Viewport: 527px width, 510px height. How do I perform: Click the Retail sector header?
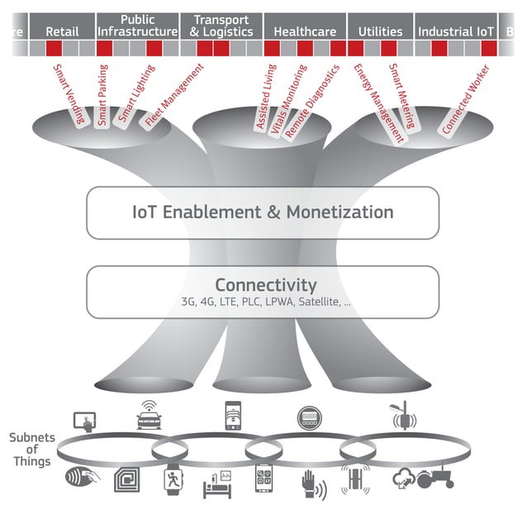coord(62,31)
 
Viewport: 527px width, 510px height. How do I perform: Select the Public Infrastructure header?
coord(137,26)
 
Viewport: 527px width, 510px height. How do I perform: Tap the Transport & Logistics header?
coord(221,26)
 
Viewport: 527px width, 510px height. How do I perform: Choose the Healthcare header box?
coord(304,31)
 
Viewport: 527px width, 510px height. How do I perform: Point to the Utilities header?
coord(380,31)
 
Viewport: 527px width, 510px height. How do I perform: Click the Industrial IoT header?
coord(456,31)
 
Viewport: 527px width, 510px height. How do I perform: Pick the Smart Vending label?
coord(69,93)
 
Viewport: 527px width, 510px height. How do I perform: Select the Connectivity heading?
coord(266,285)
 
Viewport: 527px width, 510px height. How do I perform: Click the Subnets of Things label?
coord(31,449)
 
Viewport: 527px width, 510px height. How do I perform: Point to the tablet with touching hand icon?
coord(85,421)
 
